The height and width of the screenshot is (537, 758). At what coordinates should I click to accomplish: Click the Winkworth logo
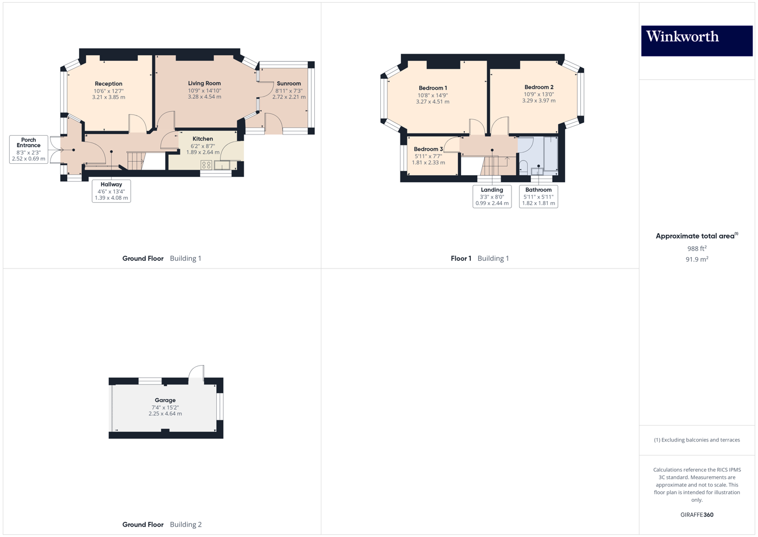point(696,41)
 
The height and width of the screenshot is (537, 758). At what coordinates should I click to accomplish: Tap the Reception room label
point(108,84)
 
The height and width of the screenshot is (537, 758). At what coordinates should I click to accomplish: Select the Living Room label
point(204,84)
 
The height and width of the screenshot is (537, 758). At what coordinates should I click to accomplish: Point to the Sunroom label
point(289,84)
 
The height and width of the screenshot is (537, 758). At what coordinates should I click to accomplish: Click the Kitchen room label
point(203,139)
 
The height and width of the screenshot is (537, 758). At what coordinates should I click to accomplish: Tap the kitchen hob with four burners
point(206,165)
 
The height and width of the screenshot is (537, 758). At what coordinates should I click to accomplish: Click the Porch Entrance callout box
point(29,149)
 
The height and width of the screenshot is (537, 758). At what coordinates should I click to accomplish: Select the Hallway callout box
point(111,191)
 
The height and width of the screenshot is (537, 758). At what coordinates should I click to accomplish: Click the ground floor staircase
point(137,161)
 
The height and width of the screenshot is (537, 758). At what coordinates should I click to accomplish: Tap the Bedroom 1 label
point(432,88)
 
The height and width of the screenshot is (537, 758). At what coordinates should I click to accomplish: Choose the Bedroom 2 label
point(539,87)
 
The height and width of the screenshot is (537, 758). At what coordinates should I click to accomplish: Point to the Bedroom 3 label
point(428,149)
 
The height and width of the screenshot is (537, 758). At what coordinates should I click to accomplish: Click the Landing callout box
point(492,196)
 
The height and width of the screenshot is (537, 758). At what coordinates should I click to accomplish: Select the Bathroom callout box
point(539,196)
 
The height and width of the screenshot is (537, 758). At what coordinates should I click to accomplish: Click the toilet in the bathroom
point(523,167)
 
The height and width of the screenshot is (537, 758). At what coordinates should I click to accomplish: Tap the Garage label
point(165,400)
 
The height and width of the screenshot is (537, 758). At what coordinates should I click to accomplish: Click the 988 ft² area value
point(697,248)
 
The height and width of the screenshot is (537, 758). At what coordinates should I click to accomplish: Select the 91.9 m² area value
point(697,259)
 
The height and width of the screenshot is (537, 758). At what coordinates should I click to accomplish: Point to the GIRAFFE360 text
point(697,515)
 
